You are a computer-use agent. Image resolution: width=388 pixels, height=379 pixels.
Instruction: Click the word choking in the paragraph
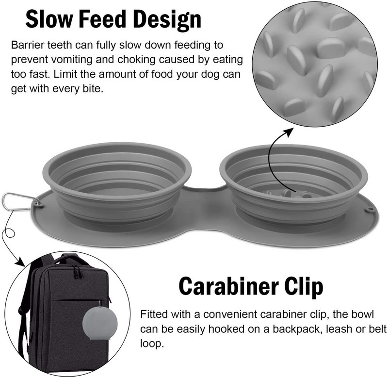[137, 60]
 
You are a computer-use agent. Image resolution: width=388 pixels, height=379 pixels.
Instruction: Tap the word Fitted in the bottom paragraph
[153, 314]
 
